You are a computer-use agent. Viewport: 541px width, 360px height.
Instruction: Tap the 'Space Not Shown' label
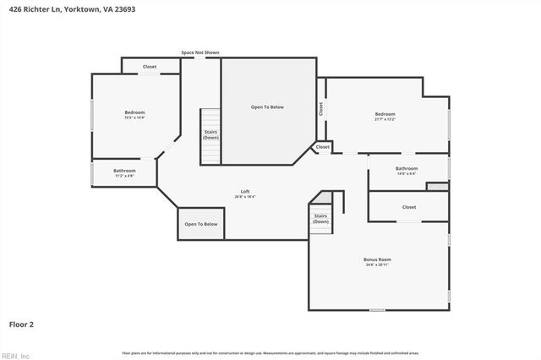click(200, 52)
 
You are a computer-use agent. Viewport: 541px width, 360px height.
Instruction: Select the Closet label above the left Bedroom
click(150, 67)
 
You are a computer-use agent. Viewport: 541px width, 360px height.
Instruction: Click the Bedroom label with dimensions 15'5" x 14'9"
click(135, 112)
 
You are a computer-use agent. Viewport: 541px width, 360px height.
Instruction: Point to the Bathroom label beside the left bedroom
click(124, 171)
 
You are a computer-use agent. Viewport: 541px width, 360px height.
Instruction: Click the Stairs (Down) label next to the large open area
click(211, 134)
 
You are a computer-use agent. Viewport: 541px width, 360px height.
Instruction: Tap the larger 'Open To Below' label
click(267, 107)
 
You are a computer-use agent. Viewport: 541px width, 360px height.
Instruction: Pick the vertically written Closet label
click(320, 108)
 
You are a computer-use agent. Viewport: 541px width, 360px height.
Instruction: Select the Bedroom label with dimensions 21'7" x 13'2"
click(385, 114)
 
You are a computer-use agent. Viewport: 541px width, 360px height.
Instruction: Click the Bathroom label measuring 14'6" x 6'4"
click(407, 168)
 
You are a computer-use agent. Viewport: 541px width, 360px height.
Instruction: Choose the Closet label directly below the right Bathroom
click(409, 207)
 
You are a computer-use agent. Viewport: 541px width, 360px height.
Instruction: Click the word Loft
click(245, 191)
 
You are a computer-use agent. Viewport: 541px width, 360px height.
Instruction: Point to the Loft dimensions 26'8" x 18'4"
click(245, 197)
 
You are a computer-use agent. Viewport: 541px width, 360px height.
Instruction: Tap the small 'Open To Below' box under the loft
click(201, 224)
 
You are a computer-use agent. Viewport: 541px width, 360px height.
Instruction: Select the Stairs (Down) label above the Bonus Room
click(321, 219)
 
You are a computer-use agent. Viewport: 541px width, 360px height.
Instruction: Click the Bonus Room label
click(378, 259)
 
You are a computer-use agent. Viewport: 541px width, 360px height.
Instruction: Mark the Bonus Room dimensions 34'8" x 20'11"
click(378, 265)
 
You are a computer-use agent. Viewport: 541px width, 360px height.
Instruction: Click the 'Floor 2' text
click(21, 324)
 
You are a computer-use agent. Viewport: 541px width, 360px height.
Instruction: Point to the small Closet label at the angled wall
click(323, 147)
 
